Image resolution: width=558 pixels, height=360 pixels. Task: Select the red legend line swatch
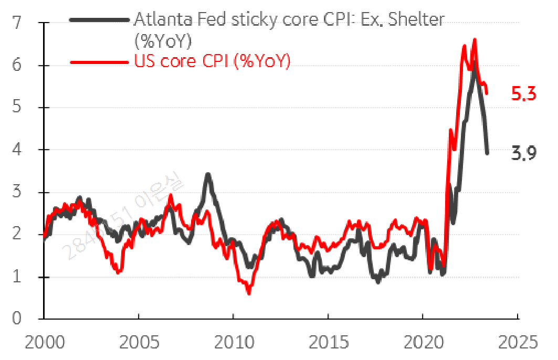pyautogui.click(x=99, y=61)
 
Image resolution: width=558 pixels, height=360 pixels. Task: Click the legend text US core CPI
pyautogui.click(x=212, y=61)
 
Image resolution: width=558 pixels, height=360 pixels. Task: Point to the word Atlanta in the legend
pyautogui.click(x=159, y=19)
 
